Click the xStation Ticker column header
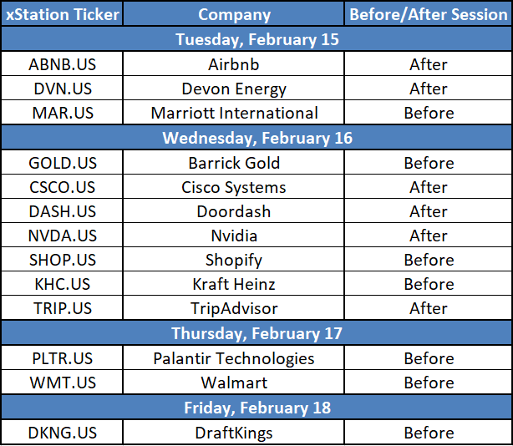click(63, 15)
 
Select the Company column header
click(234, 15)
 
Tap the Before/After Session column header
click(429, 15)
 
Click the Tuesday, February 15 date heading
click(257, 40)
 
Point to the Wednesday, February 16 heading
click(257, 139)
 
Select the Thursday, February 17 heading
click(256, 333)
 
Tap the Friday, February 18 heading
click(257, 408)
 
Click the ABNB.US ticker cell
click(62, 64)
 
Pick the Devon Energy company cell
click(234, 89)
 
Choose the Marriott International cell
click(234, 113)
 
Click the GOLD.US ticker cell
click(63, 163)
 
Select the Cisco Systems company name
click(234, 188)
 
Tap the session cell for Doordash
click(429, 211)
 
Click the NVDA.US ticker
click(63, 236)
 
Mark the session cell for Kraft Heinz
click(429, 284)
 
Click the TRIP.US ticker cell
click(63, 308)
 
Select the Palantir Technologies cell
click(234, 359)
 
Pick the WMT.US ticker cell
click(63, 383)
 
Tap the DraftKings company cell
click(234, 433)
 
